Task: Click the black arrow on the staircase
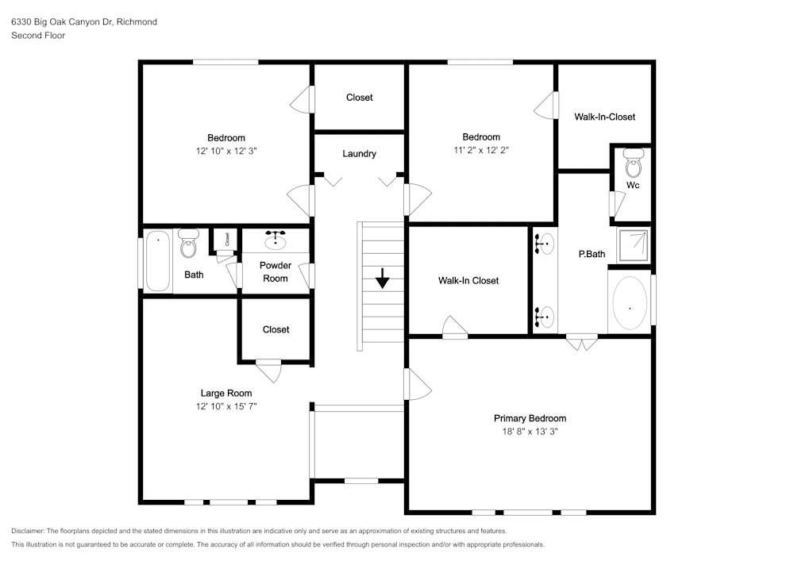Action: (383, 279)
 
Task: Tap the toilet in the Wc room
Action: (633, 163)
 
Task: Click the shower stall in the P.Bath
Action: (633, 245)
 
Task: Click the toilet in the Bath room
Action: (189, 244)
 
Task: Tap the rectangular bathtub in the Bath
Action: (158, 261)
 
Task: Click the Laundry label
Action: (359, 154)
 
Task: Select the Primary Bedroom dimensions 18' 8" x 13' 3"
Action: (530, 432)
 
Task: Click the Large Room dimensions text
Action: (226, 406)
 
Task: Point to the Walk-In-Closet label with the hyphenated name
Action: (604, 117)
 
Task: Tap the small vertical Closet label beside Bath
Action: (227, 239)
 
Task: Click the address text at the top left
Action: (84, 21)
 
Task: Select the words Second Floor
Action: (38, 36)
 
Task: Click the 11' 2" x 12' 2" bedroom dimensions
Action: (481, 150)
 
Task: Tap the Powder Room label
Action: (276, 271)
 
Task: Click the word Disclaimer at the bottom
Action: (28, 531)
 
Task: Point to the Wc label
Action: (633, 185)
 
